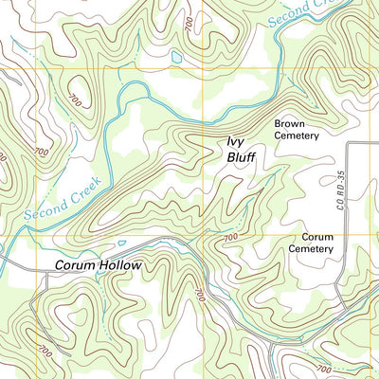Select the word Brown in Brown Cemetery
pos(290,123)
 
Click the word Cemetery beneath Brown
pos(298,135)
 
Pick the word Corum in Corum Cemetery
pos(317,236)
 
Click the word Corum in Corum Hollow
pos(76,266)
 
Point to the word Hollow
pos(121,266)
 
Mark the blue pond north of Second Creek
pos(176,58)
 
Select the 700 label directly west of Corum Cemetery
pos(230,237)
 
